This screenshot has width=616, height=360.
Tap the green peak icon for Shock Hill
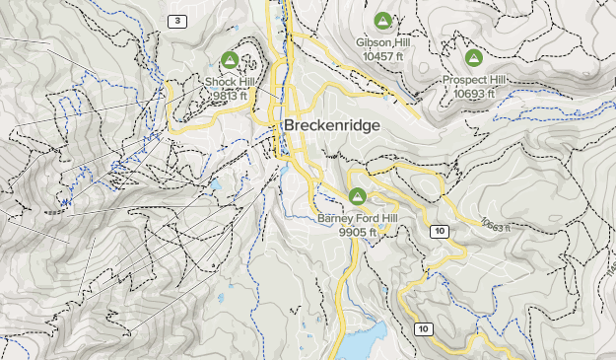(x=231, y=59)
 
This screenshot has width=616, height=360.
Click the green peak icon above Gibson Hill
(x=382, y=20)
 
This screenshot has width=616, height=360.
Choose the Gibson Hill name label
(x=382, y=43)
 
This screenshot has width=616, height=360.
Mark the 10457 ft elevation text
(x=382, y=56)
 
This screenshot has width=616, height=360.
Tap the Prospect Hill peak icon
(x=473, y=57)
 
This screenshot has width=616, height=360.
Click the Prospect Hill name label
(x=473, y=80)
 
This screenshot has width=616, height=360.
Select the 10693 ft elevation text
(x=474, y=93)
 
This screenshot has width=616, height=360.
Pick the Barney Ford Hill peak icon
(x=358, y=195)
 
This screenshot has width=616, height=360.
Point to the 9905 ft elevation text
(x=358, y=231)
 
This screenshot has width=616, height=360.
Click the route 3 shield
(x=176, y=22)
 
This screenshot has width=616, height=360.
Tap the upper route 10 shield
(x=440, y=230)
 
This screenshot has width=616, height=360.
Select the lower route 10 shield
(x=424, y=328)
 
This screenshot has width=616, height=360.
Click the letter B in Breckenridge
(x=289, y=126)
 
